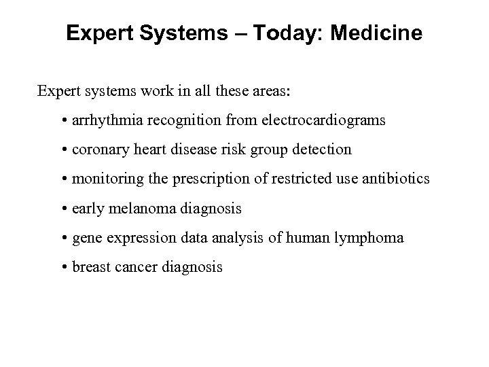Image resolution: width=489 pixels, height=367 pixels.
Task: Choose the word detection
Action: click(323, 150)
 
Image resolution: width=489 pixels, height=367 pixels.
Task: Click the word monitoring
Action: click(104, 179)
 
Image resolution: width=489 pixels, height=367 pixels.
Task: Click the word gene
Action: click(86, 239)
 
